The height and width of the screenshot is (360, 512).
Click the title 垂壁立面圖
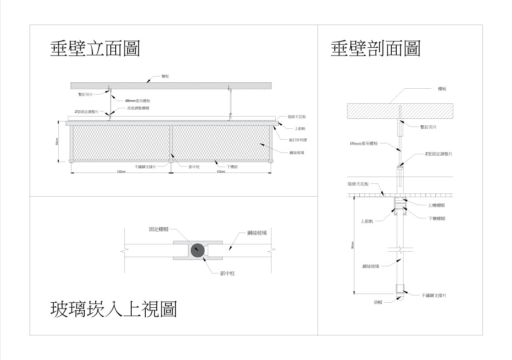click(95, 48)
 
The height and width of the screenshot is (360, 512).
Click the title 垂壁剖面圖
click(375, 48)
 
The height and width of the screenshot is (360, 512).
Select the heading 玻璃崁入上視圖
click(113, 309)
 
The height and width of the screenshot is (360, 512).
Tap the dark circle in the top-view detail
click(198, 250)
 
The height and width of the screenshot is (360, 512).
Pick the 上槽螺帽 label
click(436, 205)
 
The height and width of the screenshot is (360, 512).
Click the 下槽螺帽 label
click(436, 218)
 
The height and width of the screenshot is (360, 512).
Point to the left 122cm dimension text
click(121, 172)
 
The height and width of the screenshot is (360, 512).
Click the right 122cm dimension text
click(220, 172)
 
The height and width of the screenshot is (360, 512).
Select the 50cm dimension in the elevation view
click(57, 141)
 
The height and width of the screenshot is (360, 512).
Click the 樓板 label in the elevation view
click(166, 77)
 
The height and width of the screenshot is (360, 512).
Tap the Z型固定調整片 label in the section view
click(438, 154)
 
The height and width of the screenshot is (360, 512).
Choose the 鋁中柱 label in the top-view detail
click(227, 273)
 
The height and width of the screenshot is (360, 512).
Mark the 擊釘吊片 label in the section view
click(428, 127)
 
